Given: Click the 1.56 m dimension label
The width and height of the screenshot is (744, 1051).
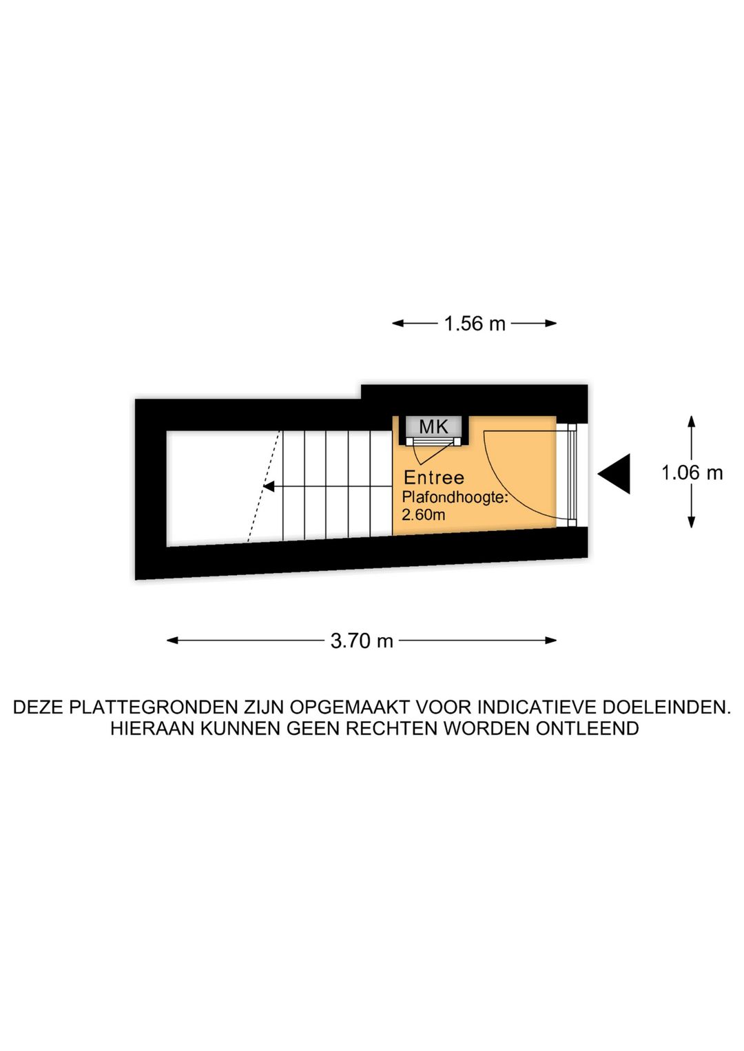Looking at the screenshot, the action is click(x=474, y=324).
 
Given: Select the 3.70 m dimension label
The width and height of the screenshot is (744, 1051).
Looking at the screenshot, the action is click(x=362, y=641).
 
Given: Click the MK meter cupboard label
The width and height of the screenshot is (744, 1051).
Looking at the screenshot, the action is click(x=434, y=426).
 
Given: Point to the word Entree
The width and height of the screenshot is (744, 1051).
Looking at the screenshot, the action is click(x=434, y=478).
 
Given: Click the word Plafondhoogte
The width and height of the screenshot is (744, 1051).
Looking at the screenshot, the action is click(x=455, y=497).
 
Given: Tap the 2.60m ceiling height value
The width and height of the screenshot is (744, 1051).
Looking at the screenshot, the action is click(x=424, y=515).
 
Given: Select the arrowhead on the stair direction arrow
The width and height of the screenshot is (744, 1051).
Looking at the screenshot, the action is click(x=269, y=486).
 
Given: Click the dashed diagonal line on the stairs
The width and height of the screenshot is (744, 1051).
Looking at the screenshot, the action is click(x=265, y=486).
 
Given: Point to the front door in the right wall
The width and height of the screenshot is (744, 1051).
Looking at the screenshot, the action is click(x=571, y=474).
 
